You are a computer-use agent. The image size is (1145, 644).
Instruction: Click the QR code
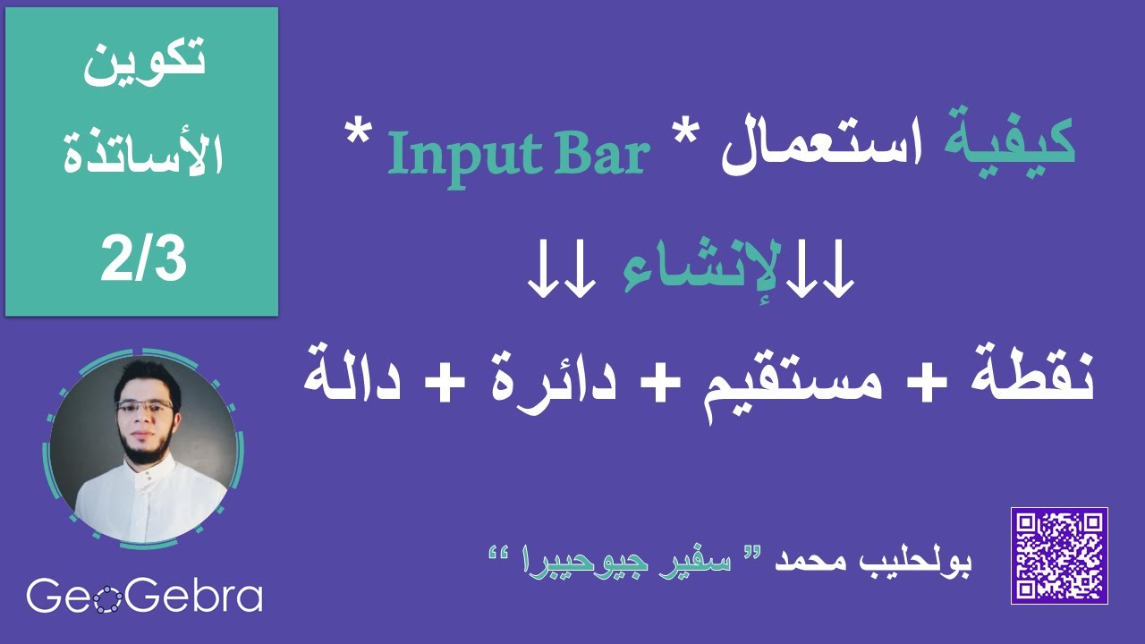(x=1059, y=555)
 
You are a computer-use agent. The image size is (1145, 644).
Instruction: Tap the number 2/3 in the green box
(x=144, y=258)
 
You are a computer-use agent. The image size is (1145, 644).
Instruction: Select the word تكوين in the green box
(x=144, y=67)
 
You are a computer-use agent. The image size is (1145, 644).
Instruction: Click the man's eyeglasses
(x=144, y=405)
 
